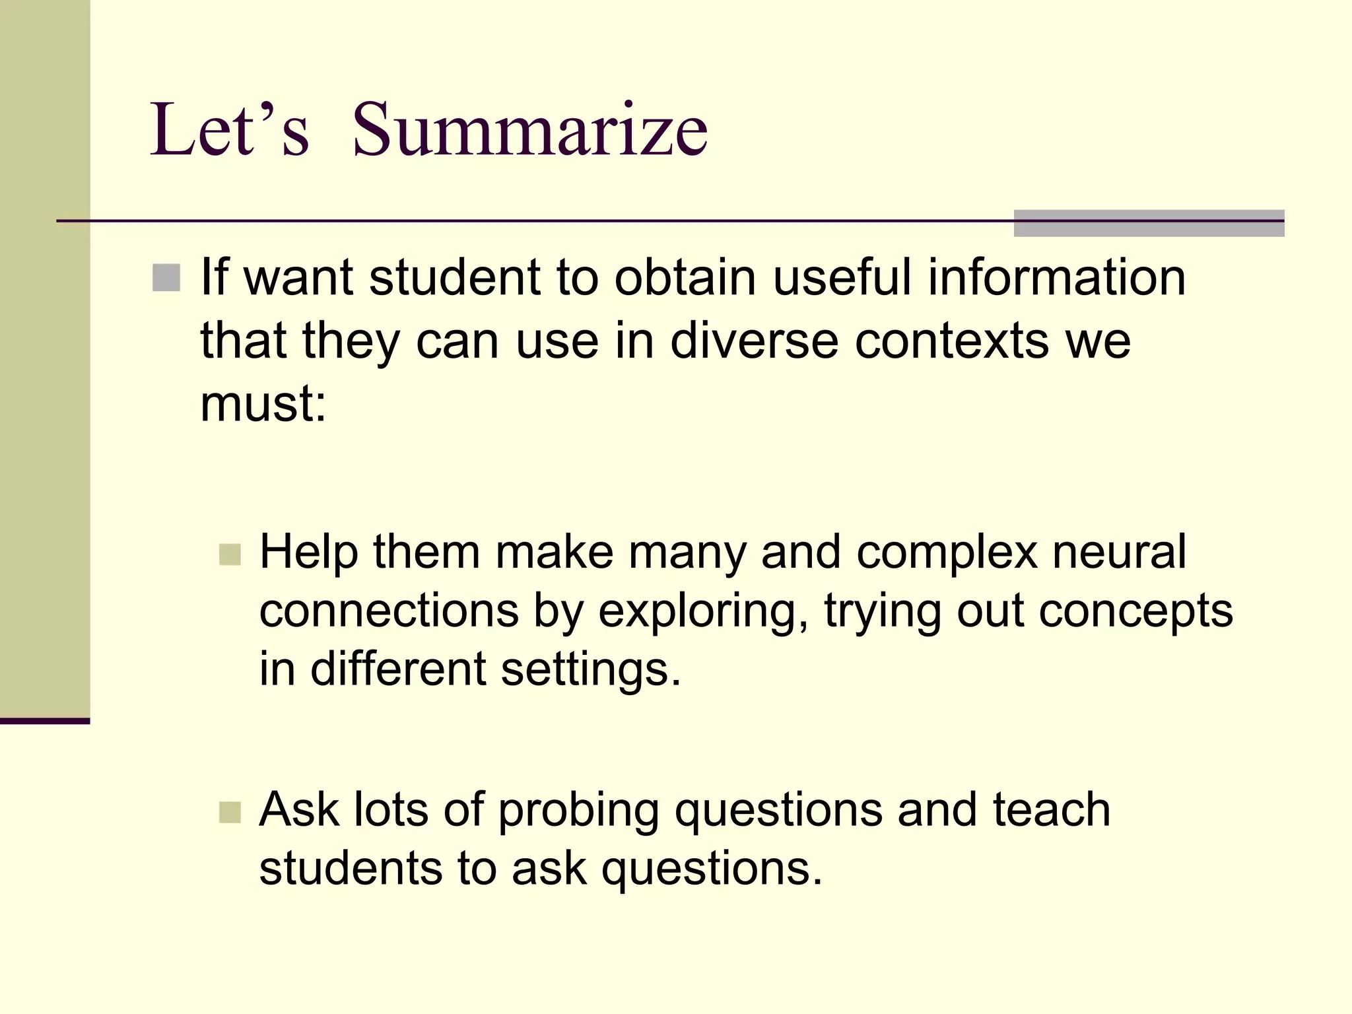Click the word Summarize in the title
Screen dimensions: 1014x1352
pos(529,130)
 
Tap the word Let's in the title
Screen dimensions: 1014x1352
pos(229,130)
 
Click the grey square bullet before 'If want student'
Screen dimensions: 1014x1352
pos(166,278)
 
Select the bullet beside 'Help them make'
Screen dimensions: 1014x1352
pos(230,554)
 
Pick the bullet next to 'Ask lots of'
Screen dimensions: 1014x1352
pos(230,811)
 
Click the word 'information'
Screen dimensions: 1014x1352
pos(1056,277)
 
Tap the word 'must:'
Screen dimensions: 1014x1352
pos(263,404)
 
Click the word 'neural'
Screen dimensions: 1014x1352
pos(1119,552)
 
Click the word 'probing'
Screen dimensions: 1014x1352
pos(578,811)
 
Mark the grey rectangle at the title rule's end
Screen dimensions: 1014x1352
pos(1149,223)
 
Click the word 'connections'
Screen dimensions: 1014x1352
pos(389,611)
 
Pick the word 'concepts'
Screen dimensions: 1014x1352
pos(1135,611)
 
